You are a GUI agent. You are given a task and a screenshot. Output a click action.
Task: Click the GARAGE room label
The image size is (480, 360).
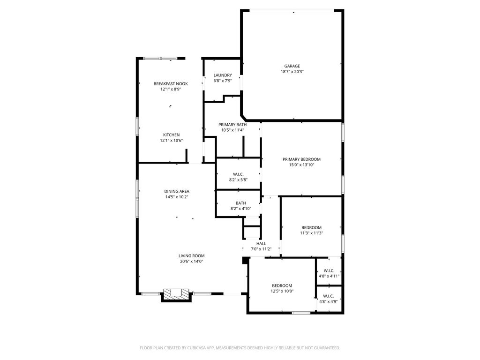click(x=292, y=66)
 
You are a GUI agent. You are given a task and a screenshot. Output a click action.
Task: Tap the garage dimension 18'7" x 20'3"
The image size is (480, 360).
click(x=292, y=72)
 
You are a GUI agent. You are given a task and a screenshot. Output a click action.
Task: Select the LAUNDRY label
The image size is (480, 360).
click(x=223, y=75)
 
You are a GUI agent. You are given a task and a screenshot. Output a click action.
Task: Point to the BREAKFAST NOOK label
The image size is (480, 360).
click(x=171, y=84)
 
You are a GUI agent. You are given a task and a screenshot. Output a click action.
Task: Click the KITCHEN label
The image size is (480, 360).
click(x=171, y=135)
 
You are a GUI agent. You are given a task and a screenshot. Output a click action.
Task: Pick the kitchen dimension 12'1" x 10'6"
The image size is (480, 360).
click(x=171, y=141)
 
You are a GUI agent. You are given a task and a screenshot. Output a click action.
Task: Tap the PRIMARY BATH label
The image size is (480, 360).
click(x=232, y=125)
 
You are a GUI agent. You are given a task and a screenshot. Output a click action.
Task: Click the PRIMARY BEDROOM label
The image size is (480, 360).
click(x=301, y=159)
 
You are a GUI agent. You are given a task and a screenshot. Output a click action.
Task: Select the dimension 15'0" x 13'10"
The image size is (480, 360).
click(x=301, y=165)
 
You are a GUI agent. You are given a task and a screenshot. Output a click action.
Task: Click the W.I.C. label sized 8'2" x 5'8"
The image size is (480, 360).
click(x=238, y=174)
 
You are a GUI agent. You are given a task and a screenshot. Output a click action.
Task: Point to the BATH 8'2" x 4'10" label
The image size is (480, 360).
click(x=241, y=203)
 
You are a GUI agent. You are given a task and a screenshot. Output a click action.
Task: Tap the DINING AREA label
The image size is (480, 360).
click(x=177, y=192)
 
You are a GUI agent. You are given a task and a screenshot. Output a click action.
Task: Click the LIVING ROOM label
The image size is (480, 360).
click(x=192, y=256)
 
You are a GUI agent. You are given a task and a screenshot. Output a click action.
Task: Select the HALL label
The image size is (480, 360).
click(x=261, y=244)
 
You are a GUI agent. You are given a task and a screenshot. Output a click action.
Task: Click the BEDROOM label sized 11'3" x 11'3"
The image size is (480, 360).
click(x=311, y=228)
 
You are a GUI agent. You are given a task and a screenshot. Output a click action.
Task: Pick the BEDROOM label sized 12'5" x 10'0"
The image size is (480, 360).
click(x=282, y=286)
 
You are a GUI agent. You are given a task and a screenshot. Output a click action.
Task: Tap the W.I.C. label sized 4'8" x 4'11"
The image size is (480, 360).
click(x=329, y=271)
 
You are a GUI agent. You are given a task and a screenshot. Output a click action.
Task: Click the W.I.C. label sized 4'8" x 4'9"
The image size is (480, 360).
click(x=329, y=296)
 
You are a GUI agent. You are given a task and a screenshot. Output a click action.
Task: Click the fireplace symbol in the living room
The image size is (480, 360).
click(x=176, y=295)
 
